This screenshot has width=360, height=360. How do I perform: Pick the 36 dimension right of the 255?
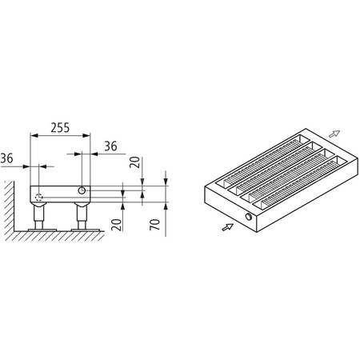click(x=110, y=146)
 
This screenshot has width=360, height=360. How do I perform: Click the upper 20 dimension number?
click(x=135, y=164)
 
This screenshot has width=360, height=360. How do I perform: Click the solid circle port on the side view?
click(x=83, y=191)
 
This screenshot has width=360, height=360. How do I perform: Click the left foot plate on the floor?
click(x=39, y=230)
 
